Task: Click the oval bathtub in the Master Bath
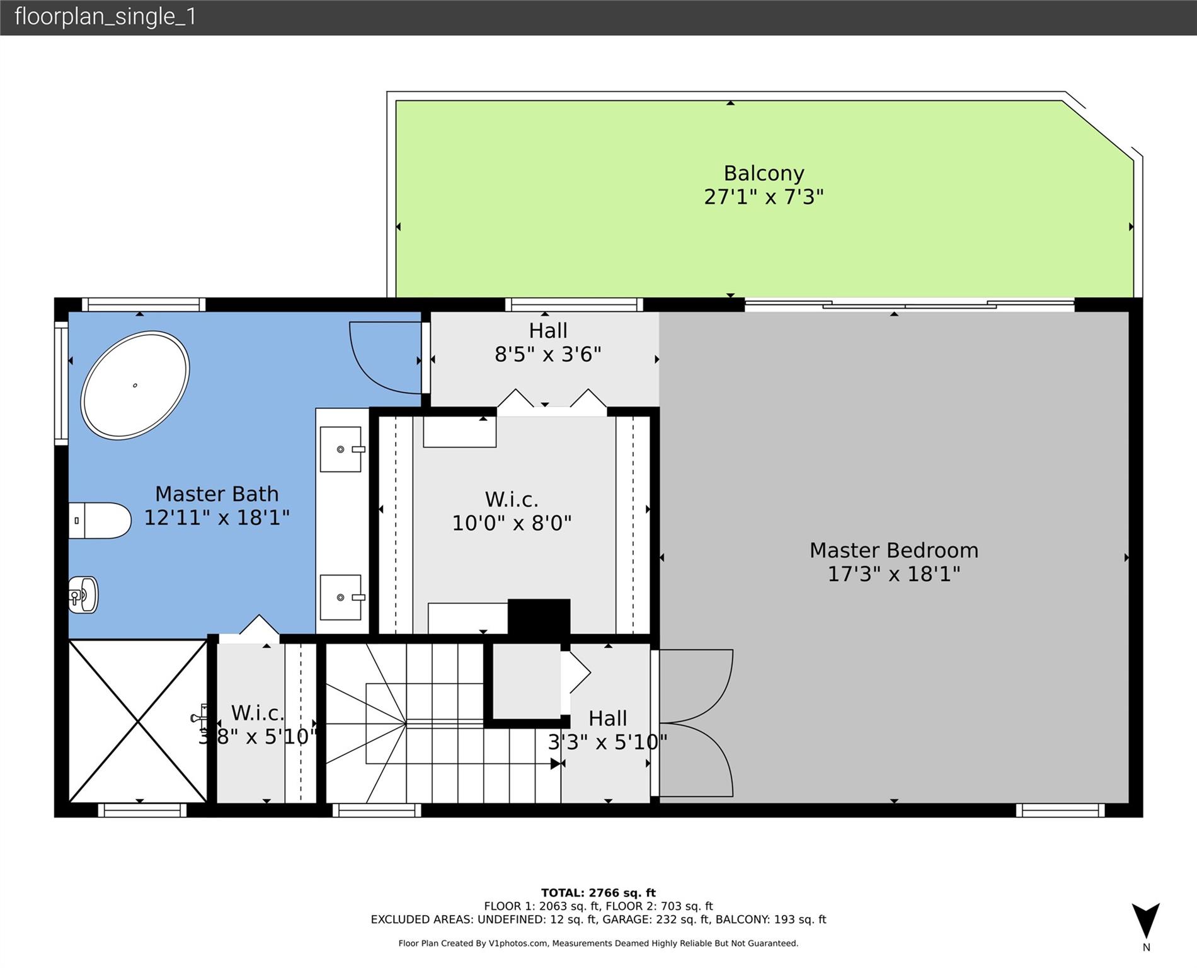coord(135,385)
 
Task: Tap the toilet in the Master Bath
coord(100,521)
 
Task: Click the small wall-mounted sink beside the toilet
coord(83,594)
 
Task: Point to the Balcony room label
coord(764,173)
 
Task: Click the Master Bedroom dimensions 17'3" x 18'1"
coord(893,574)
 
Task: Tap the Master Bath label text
coord(217,493)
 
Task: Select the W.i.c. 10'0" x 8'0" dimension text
coord(512,523)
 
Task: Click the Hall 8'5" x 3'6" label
coord(548,342)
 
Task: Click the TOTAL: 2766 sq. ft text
coord(598,892)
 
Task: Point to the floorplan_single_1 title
coord(105,16)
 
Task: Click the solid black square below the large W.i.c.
coord(539,617)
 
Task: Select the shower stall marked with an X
coord(137,721)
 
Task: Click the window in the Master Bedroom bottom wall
coord(1060,810)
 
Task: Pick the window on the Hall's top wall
coord(574,305)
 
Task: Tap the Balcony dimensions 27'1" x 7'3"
coord(764,197)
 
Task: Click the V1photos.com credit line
coord(598,943)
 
